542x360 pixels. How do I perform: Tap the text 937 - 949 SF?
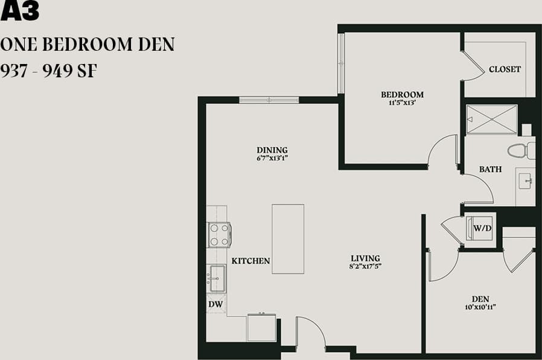tap(49, 71)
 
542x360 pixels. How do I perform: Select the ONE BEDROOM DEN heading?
tap(88, 44)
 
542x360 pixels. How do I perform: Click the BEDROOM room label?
tap(402, 94)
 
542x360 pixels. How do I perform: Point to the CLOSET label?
tap(505, 69)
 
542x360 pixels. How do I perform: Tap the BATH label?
tap(490, 169)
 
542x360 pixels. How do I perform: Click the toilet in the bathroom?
tap(520, 150)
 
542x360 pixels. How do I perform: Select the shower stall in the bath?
tap(492, 119)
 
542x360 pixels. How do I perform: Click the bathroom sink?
tap(524, 180)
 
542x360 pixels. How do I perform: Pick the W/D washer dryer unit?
tap(481, 228)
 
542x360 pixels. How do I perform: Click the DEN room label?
tap(480, 298)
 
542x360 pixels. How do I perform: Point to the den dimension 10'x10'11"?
tap(480, 307)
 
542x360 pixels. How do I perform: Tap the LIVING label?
tap(365, 259)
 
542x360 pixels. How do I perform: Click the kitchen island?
tap(288, 239)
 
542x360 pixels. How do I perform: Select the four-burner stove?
tap(218, 234)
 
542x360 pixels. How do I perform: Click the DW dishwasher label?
tap(215, 304)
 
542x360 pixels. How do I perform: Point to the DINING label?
tap(272, 150)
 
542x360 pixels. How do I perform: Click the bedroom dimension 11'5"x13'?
tap(402, 102)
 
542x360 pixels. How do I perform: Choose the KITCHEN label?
tap(250, 261)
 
